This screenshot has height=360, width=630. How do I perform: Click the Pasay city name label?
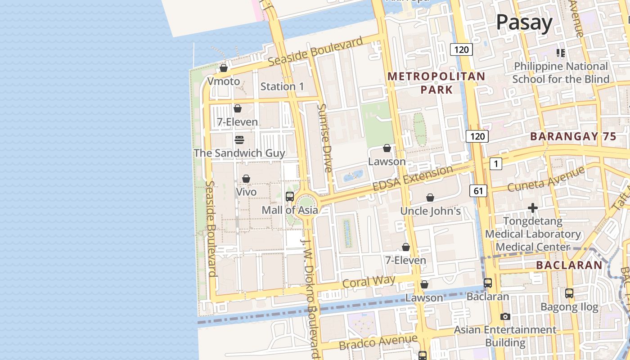[x=524, y=22]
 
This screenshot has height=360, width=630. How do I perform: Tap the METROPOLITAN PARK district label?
[x=436, y=83]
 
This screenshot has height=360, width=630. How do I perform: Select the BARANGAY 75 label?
[x=573, y=137]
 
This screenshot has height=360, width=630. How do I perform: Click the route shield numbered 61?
[x=478, y=191]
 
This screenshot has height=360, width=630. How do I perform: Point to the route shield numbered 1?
[x=495, y=164]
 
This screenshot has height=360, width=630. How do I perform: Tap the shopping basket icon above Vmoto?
[x=224, y=68]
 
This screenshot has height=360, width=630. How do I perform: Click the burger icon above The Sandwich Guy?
[x=239, y=139]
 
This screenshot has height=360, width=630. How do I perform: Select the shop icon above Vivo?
[x=246, y=179]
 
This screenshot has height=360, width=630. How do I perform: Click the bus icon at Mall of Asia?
[x=290, y=197]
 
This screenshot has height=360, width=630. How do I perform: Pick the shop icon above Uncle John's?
[x=430, y=198]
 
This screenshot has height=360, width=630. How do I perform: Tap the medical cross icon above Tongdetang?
[x=533, y=208]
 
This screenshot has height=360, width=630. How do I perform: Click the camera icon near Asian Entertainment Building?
[x=505, y=317]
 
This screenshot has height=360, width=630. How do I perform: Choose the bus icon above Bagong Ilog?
[x=569, y=293]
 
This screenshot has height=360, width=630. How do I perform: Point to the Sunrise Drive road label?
[x=325, y=138]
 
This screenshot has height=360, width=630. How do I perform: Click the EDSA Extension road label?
[x=413, y=178]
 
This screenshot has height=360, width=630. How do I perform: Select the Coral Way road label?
[x=369, y=282]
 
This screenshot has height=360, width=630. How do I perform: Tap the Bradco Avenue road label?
[x=378, y=342]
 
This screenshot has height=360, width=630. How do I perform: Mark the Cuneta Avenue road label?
[x=546, y=179]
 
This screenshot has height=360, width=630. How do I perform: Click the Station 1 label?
[x=282, y=86]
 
